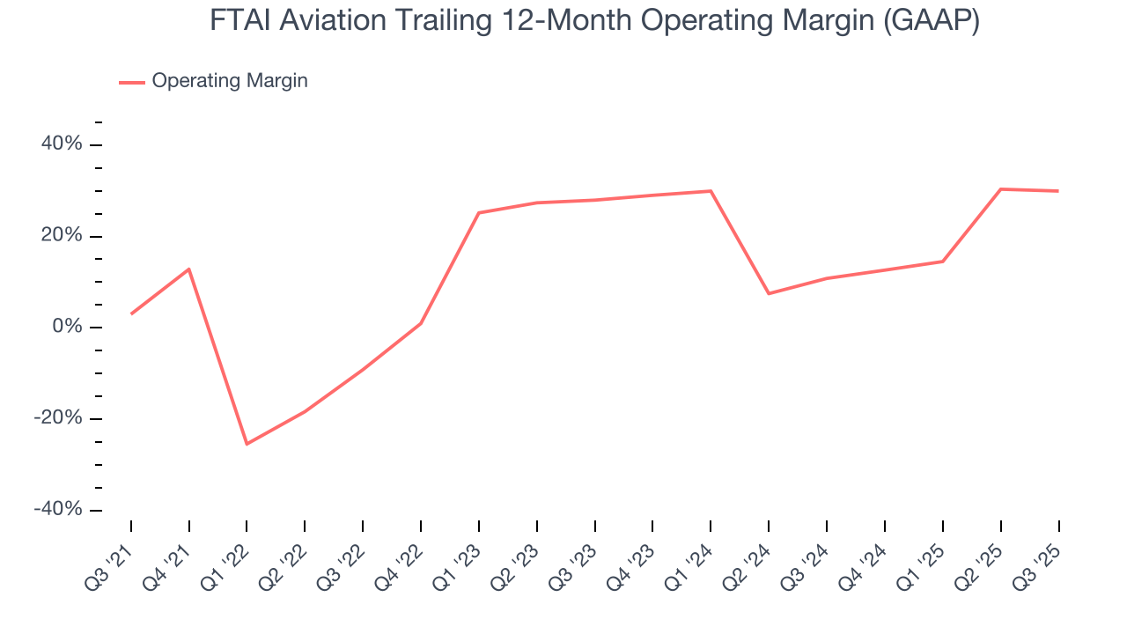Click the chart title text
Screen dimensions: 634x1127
coord(594,21)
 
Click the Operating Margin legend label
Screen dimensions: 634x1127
coord(229,81)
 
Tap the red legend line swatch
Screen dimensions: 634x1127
coord(132,82)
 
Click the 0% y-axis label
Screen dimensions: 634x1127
coord(66,327)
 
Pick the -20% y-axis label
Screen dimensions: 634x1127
coord(58,418)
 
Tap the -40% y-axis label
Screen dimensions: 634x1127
coord(58,510)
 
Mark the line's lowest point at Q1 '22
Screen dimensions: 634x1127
coord(247,444)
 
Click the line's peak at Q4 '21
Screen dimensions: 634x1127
coord(189,269)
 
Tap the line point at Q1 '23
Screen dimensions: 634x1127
coord(478,212)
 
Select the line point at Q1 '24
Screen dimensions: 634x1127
coord(711,191)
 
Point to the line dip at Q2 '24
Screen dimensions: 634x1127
coord(769,293)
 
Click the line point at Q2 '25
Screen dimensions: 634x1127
coord(1000,188)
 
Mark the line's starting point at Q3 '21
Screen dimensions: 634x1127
coord(131,313)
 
